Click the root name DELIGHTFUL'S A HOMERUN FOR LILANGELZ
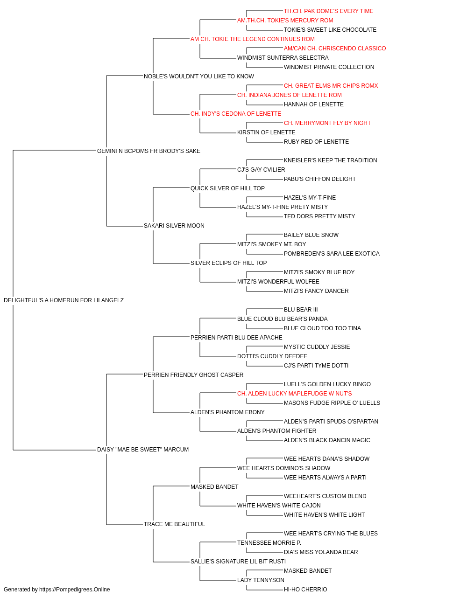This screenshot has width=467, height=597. (x=64, y=300)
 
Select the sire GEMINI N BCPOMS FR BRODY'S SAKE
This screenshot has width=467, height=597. (x=149, y=151)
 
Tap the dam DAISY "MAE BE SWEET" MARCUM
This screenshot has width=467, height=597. (x=143, y=450)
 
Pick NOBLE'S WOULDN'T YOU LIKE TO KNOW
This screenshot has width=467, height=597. (x=198, y=76)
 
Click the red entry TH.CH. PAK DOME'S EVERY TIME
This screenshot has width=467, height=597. (x=328, y=11)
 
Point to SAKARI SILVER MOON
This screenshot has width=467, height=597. (x=174, y=226)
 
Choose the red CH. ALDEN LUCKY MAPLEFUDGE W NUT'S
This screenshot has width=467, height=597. (x=294, y=394)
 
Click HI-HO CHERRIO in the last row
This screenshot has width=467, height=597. (x=305, y=590)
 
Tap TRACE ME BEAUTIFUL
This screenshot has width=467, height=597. (x=174, y=524)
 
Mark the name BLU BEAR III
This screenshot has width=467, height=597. (x=301, y=310)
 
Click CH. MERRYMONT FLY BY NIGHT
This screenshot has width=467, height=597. (x=327, y=123)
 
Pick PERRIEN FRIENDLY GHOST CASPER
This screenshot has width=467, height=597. (x=193, y=375)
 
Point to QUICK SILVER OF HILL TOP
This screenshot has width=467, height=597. (x=227, y=188)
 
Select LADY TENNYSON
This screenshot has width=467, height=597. (x=261, y=580)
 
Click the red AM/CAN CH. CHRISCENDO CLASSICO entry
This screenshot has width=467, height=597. (x=335, y=49)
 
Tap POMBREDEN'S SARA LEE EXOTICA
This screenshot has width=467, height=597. (x=332, y=254)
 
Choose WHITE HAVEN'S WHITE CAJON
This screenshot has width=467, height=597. (x=279, y=506)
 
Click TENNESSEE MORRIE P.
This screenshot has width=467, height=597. (x=269, y=542)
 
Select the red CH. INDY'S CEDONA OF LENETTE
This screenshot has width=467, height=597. (x=236, y=114)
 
